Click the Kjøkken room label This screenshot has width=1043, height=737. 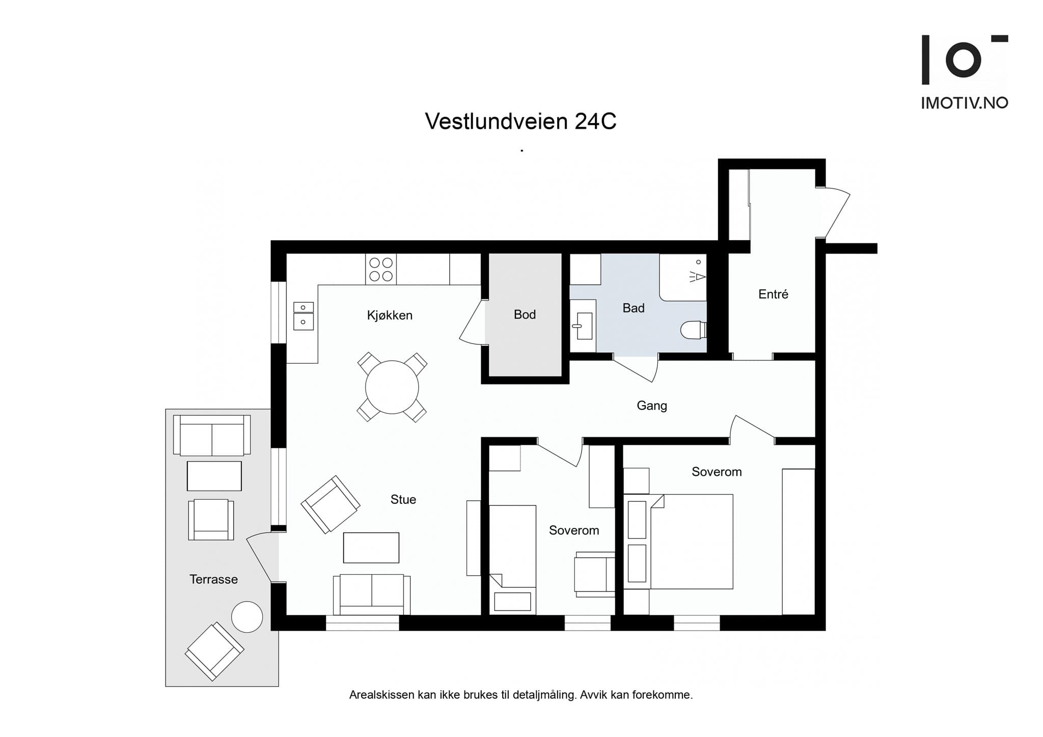coord(390,315)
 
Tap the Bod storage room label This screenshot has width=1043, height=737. coord(525,315)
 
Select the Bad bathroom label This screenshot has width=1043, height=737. coord(634,308)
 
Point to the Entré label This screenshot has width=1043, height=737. coord(773,294)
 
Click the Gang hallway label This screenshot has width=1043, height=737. coord(652,406)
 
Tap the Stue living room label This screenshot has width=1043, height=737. coord(403,499)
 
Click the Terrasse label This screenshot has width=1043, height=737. coord(213,579)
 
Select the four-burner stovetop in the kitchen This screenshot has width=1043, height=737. coord(381,269)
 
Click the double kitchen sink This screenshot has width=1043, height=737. coord(304,316)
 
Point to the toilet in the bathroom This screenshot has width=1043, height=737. coord(693,329)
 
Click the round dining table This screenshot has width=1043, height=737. coord(392,387)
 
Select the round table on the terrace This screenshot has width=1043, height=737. coord(247,617)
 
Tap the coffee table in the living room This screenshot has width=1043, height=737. coord(371,548)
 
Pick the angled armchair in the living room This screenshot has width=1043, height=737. coord(331,504)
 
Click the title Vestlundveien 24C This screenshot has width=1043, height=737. coord(520,121)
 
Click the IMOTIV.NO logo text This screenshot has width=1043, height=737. coord(965,103)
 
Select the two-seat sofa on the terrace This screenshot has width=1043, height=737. coord(212,435)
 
